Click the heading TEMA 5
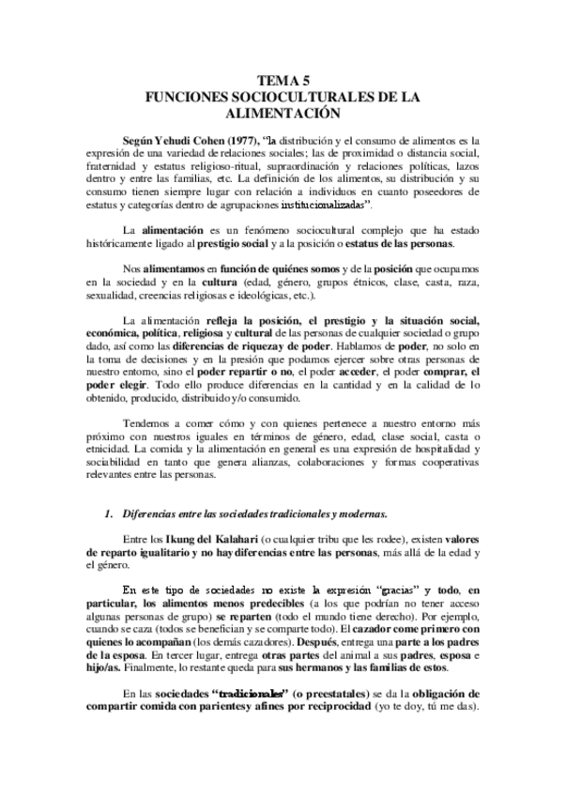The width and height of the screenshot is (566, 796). [x=283, y=82]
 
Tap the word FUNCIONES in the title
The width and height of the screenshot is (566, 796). [x=178, y=97]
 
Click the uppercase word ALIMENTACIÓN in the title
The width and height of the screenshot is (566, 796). [x=283, y=112]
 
